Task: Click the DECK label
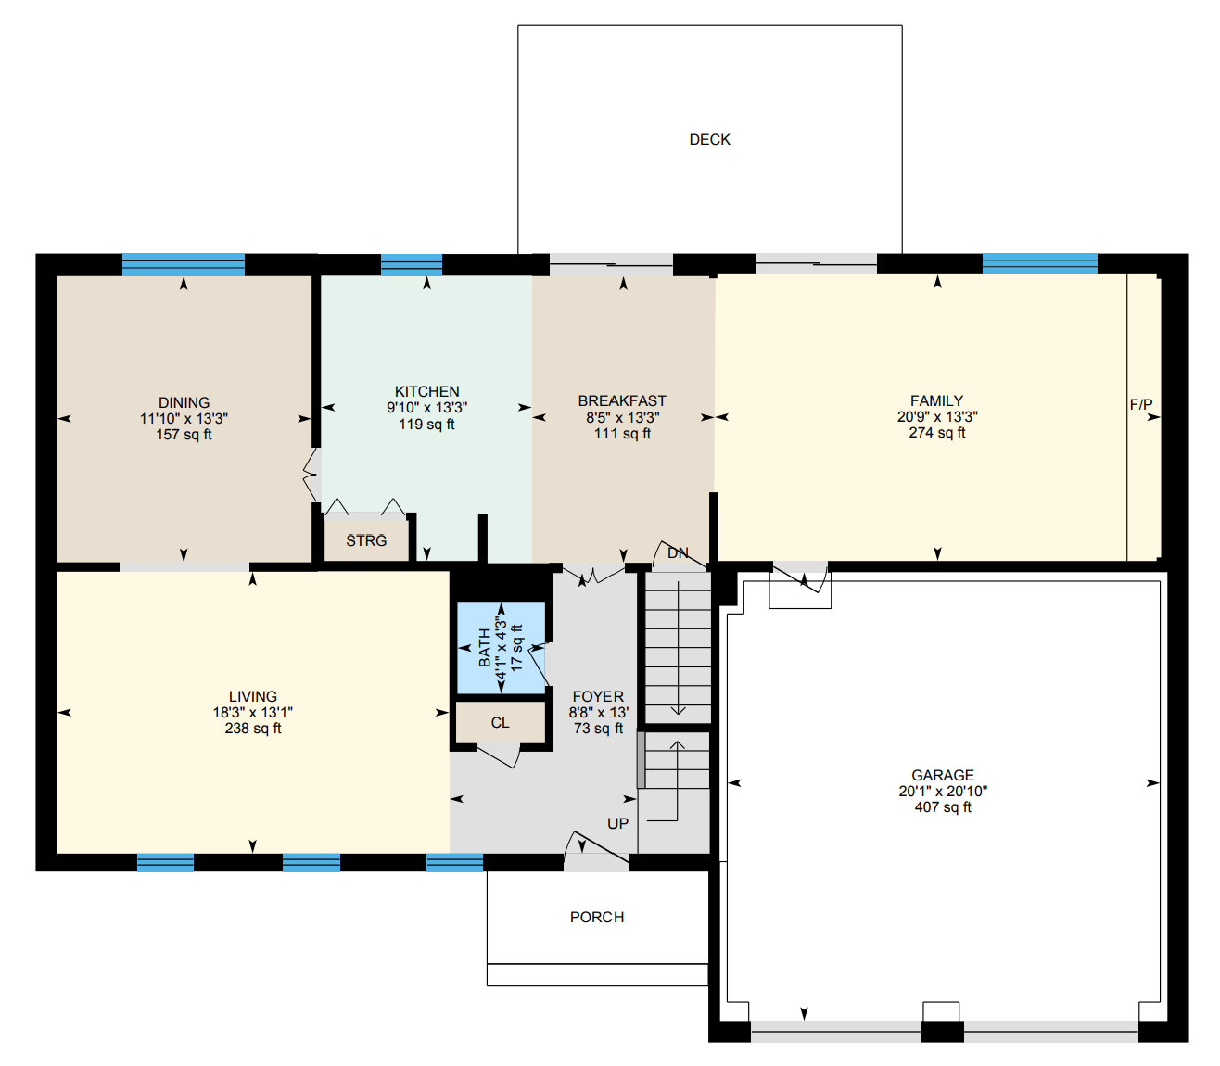pyautogui.click(x=709, y=140)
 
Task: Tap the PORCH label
pyautogui.click(x=597, y=917)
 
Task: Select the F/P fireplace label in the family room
pyautogui.click(x=1141, y=405)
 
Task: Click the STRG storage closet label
pyautogui.click(x=366, y=540)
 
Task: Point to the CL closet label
pyautogui.click(x=500, y=723)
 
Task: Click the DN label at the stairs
pyautogui.click(x=678, y=553)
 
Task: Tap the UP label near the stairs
pyautogui.click(x=617, y=823)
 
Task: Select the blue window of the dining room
pyautogui.click(x=183, y=265)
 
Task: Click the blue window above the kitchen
pyautogui.click(x=412, y=265)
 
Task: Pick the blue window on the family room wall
pyautogui.click(x=1040, y=263)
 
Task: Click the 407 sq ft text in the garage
pyautogui.click(x=943, y=807)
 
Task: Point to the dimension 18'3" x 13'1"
pyautogui.click(x=253, y=713)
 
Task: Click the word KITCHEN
pyautogui.click(x=427, y=392)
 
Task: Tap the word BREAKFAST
pyautogui.click(x=622, y=400)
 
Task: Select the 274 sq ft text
pyautogui.click(x=936, y=433)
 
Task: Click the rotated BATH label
pyautogui.click(x=485, y=647)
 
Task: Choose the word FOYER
pyautogui.click(x=598, y=696)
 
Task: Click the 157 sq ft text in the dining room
pyautogui.click(x=184, y=435)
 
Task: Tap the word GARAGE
pyautogui.click(x=943, y=775)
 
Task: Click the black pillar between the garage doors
pyautogui.click(x=942, y=1032)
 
